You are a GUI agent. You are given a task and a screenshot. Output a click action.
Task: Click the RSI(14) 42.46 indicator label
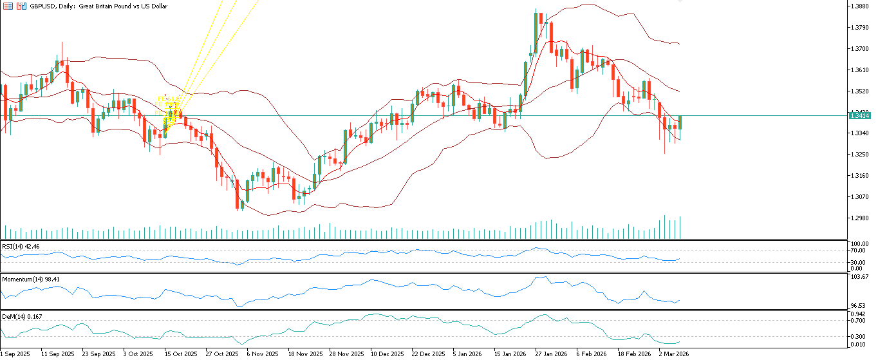[x=21, y=246]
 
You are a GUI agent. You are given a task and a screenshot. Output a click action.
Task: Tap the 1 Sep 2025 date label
[x=15, y=354]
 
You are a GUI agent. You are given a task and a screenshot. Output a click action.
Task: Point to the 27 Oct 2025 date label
[x=221, y=354]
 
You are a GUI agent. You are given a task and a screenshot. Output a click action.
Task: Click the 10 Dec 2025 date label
[x=387, y=354]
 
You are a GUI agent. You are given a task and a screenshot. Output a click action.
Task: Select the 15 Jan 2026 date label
[x=510, y=354]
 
